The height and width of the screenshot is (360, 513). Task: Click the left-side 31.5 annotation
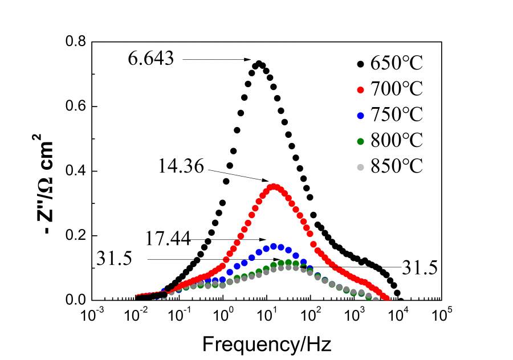coord(115,260)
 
